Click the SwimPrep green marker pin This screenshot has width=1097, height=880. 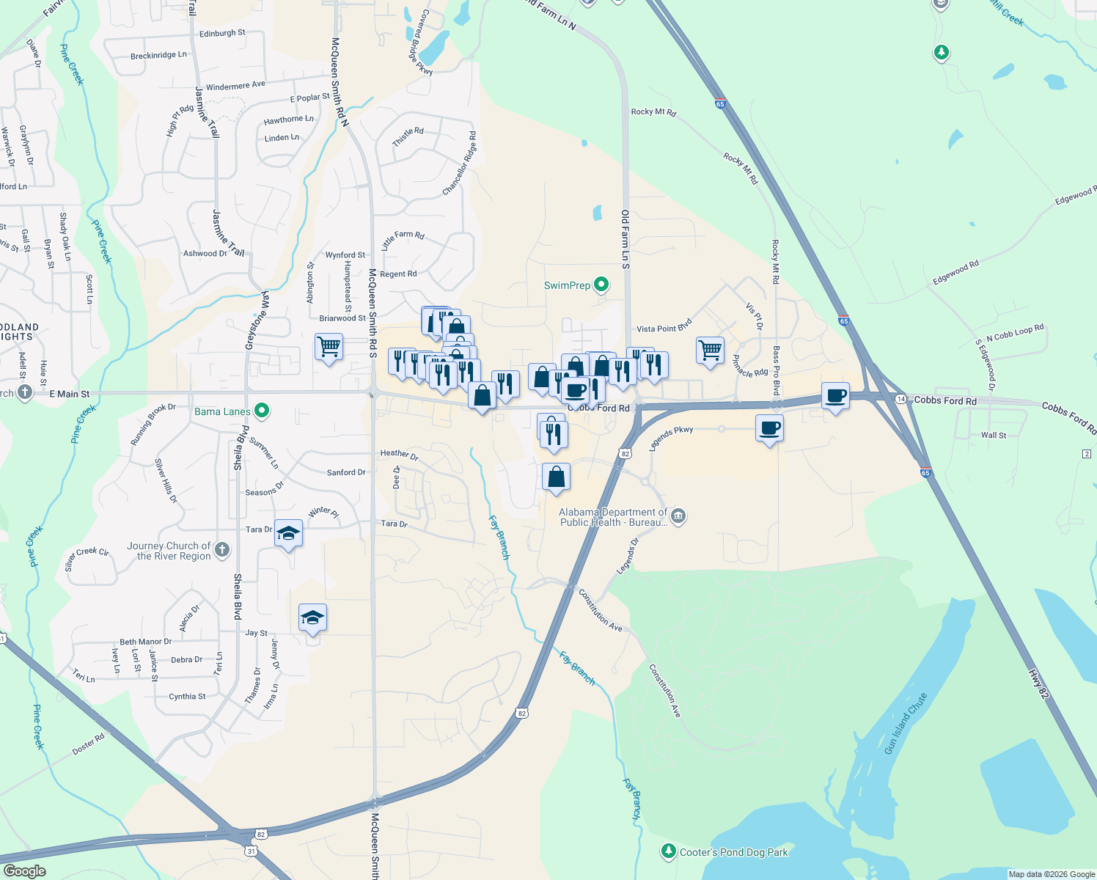(601, 284)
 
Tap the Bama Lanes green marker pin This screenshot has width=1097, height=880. (262, 411)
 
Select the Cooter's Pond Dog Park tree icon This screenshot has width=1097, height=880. (668, 851)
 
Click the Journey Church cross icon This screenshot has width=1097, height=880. (222, 549)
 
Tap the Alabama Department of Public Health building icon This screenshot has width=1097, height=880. (678, 516)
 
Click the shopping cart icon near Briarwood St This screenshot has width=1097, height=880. (329, 346)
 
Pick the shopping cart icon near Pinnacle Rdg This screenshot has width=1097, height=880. (710, 350)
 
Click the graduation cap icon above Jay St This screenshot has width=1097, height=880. (312, 618)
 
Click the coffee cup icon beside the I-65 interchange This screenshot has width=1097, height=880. (835, 396)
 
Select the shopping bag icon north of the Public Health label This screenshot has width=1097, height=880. (556, 477)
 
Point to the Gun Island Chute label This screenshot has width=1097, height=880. (906, 723)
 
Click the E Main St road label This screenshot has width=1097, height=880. (69, 394)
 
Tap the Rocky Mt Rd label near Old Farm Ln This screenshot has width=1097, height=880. (653, 111)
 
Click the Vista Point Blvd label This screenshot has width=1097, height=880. (664, 327)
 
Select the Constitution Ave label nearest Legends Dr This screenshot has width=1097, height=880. (601, 609)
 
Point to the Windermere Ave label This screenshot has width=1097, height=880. (235, 86)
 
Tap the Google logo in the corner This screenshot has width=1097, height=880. (24, 870)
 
